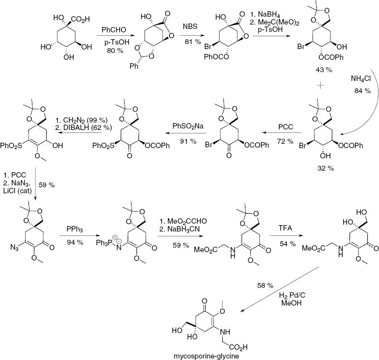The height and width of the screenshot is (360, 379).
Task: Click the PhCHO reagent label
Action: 114,30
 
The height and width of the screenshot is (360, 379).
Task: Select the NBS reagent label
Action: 190,26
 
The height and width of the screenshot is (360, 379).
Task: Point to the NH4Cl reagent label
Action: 361,79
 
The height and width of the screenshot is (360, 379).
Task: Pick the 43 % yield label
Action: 324,70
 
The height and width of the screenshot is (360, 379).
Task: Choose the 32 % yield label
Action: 325,168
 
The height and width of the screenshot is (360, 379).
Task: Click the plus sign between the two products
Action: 320,85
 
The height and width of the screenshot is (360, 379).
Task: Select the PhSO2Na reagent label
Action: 188,126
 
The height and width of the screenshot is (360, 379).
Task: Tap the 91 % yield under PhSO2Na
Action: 189,141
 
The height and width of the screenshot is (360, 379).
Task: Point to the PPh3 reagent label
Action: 75,229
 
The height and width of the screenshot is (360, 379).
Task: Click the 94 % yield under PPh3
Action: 75,242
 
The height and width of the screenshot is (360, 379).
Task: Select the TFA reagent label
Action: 285,228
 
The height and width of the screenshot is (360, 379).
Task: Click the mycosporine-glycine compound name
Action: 206,356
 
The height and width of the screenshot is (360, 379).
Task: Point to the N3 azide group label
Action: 15,248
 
